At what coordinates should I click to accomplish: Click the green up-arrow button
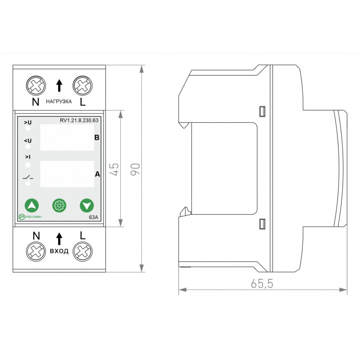[x=32, y=205]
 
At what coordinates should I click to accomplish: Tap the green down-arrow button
[x=87, y=205]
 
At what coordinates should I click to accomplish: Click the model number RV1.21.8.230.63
[x=79, y=120]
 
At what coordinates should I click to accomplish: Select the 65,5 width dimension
[x=263, y=283]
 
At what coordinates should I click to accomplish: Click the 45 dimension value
[x=114, y=169]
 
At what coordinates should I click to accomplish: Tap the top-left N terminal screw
[x=36, y=86]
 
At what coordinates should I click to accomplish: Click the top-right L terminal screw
[x=81, y=86]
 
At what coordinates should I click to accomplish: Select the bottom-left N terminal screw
[x=36, y=252]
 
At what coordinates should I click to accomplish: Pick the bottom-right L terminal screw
[x=81, y=252]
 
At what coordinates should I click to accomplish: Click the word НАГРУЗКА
[x=59, y=101]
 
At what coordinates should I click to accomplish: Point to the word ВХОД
[x=59, y=251]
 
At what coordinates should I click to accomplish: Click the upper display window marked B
[x=66, y=137]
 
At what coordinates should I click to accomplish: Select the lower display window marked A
[x=66, y=174]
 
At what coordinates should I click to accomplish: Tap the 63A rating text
[x=93, y=217]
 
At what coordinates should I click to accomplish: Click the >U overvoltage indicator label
[x=27, y=122]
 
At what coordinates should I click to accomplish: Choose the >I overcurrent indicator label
[x=27, y=157]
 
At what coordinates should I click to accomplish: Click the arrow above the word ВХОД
[x=59, y=238]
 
